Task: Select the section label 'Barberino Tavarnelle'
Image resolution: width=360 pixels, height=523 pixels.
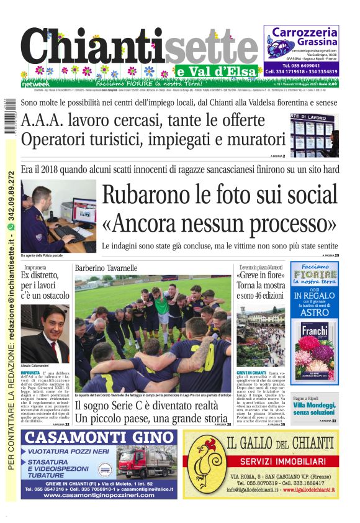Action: [106, 268]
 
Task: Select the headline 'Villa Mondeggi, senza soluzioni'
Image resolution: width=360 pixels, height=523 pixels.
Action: [315, 409]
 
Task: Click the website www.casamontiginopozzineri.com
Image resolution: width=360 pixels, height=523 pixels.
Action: [99, 494]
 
